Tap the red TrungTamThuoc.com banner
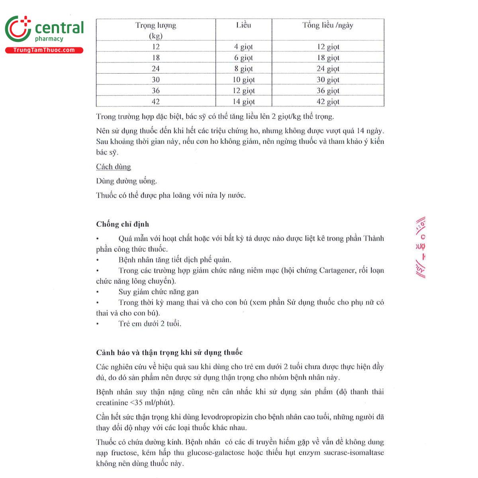(44, 50)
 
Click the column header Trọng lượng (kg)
(156, 30)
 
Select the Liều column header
(243, 25)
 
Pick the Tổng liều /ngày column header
(327, 25)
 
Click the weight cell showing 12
(156, 47)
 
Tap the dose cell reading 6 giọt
(243, 58)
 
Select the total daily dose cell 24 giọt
(328, 69)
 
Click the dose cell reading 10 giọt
(243, 80)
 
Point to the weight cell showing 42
(156, 102)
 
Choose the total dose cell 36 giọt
(328, 90)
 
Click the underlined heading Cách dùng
(114, 167)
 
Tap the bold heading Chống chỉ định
(123, 224)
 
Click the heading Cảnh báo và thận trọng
(169, 353)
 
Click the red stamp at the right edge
(420, 247)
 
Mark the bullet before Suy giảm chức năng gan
(98, 292)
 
